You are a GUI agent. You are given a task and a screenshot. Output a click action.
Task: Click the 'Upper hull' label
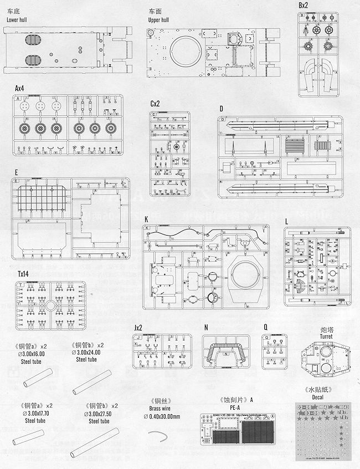[161, 19]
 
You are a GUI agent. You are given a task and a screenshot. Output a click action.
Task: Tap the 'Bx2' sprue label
[304, 5]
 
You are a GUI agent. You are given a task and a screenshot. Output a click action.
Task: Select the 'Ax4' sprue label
[20, 88]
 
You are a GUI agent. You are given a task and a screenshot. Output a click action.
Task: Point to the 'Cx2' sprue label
[155, 104]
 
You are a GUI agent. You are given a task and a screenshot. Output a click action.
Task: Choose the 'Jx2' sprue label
[140, 328]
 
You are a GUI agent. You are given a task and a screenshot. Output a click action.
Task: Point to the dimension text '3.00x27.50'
[103, 414]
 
